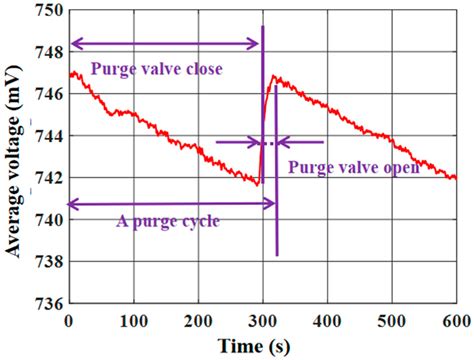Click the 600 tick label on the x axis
click(455, 320)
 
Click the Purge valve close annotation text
click(155, 69)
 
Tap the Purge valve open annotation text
click(353, 168)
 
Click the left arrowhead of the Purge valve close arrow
click(72, 44)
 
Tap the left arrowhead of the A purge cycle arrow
click(72, 203)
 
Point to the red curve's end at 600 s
click(456, 177)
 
